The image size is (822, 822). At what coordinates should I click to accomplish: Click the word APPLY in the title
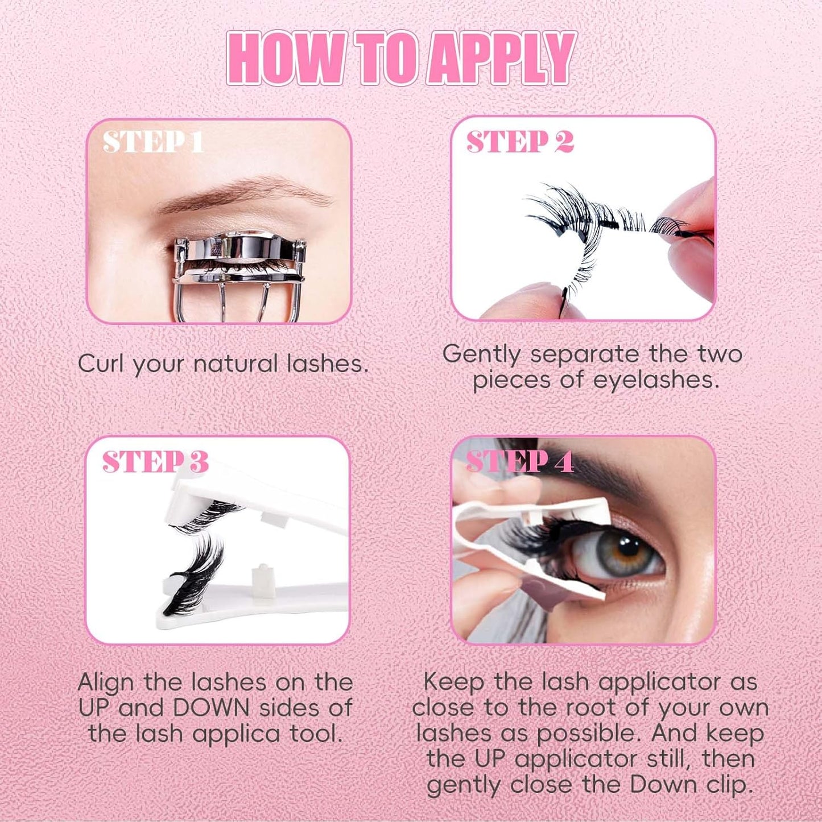(x=501, y=58)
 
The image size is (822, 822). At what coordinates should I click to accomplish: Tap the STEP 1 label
(x=153, y=142)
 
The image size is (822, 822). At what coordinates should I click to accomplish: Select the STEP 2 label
(x=520, y=142)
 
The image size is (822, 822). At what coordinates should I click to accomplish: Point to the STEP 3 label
(x=155, y=462)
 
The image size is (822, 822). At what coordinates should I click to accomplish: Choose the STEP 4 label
(x=519, y=462)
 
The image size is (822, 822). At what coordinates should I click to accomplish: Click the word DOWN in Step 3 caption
(x=211, y=708)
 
